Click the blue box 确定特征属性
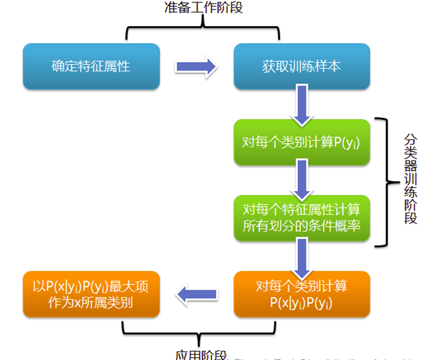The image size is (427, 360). coord(91,66)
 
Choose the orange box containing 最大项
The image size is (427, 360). coord(91,294)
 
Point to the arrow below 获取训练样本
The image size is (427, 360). coord(302,104)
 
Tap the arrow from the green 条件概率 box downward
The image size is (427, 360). coord(302,256)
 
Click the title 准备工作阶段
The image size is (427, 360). coord(203,7)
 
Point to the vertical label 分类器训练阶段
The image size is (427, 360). coord(411,178)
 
